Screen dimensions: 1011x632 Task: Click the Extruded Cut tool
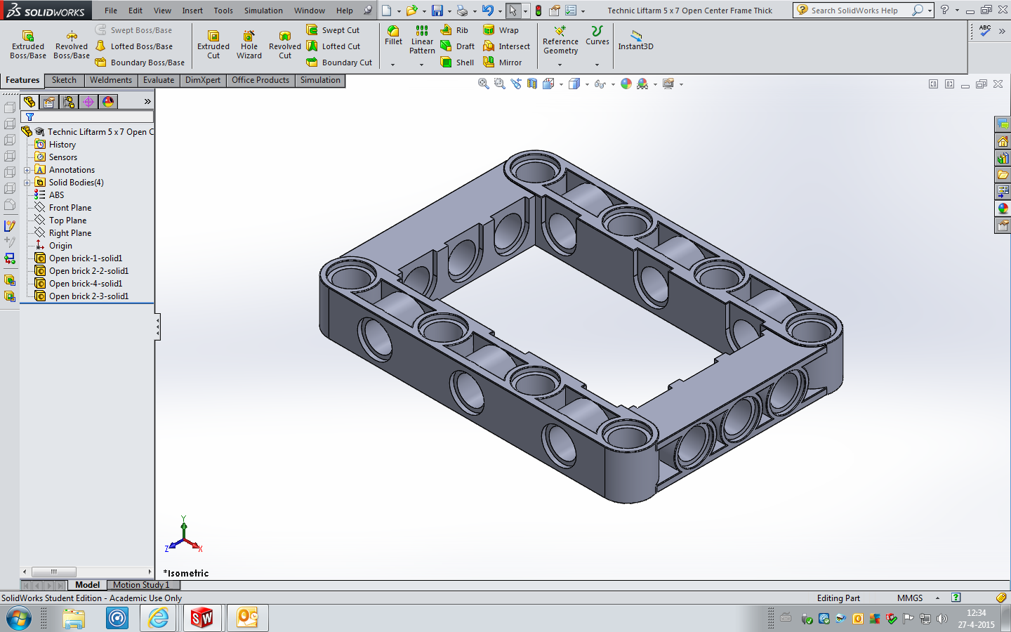pyautogui.click(x=213, y=45)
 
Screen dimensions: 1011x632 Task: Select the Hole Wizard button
pyautogui.click(x=249, y=45)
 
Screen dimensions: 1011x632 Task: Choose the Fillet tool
pyautogui.click(x=393, y=36)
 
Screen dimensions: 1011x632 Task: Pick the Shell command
pyautogui.click(x=457, y=62)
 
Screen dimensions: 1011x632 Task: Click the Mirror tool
pyautogui.click(x=503, y=62)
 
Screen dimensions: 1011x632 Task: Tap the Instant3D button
pyautogui.click(x=635, y=40)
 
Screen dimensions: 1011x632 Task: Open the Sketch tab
pyautogui.click(x=64, y=80)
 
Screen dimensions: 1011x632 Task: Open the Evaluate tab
pyautogui.click(x=159, y=80)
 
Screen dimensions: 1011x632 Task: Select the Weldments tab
pyautogui.click(x=111, y=80)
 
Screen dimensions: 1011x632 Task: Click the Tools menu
pyautogui.click(x=223, y=11)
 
